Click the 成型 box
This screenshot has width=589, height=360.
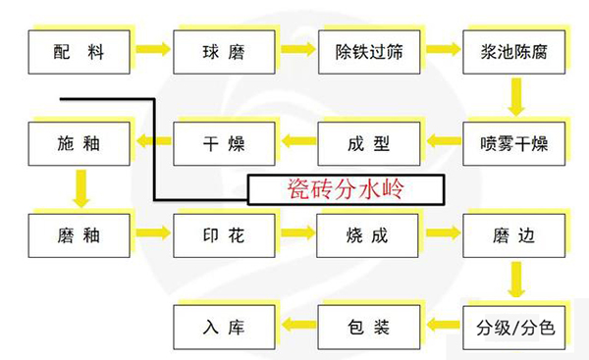point(368,145)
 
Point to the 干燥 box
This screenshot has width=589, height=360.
point(224,145)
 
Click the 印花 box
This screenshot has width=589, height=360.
point(224,235)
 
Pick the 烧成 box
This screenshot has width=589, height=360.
point(368,235)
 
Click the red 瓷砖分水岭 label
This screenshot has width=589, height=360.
point(346,188)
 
